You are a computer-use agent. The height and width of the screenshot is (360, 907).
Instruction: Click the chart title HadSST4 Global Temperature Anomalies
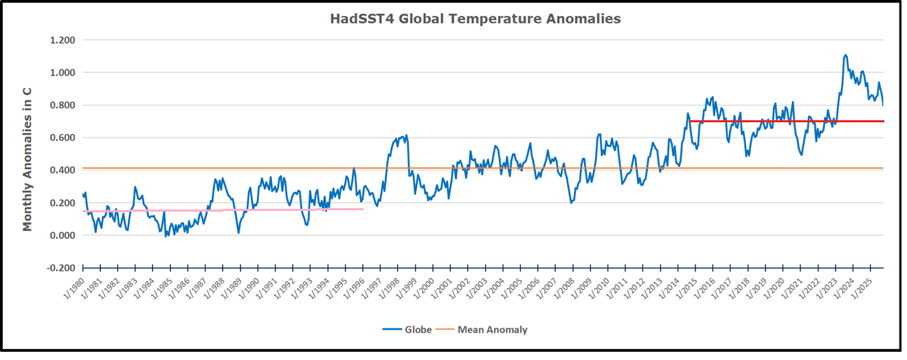[x=475, y=19]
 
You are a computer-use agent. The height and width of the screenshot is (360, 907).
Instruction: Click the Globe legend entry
[x=407, y=330]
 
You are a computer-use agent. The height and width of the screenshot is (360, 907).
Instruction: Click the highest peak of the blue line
[x=844, y=55]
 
